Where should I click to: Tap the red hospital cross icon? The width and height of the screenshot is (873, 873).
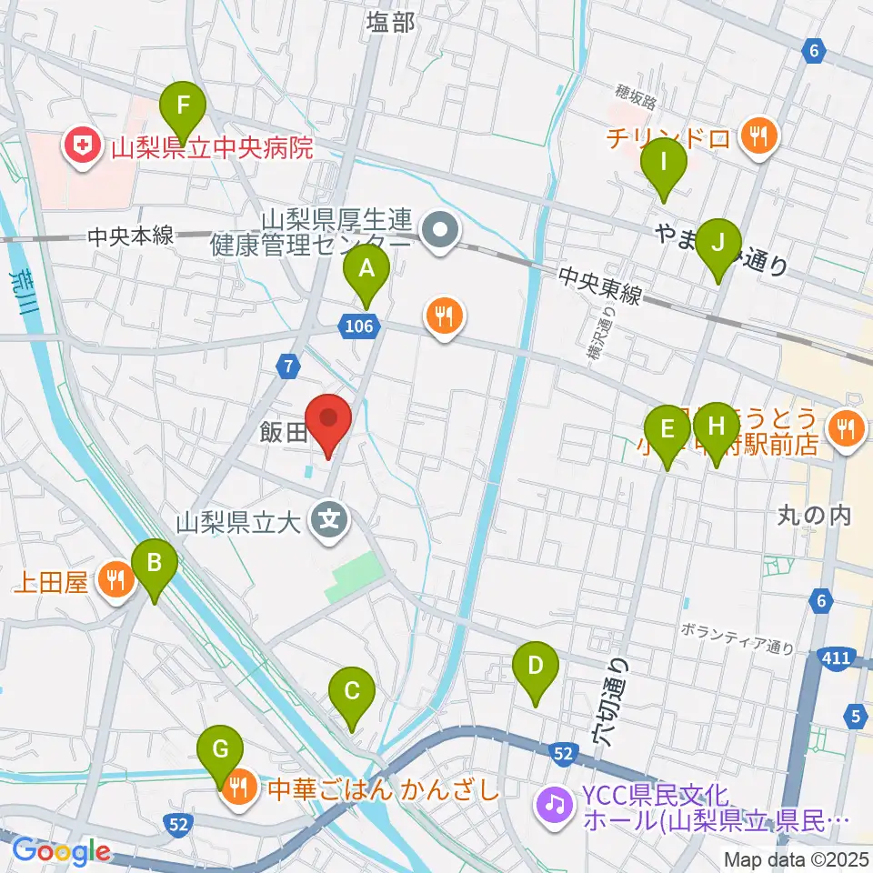(x=82, y=146)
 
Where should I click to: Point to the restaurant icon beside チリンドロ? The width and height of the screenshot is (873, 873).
(x=757, y=137)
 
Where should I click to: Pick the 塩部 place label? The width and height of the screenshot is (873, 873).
(x=390, y=24)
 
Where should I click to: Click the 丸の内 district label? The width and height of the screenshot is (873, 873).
(x=813, y=516)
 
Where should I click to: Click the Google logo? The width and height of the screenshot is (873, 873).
(x=60, y=852)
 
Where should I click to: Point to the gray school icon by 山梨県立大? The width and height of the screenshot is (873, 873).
(x=328, y=521)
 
